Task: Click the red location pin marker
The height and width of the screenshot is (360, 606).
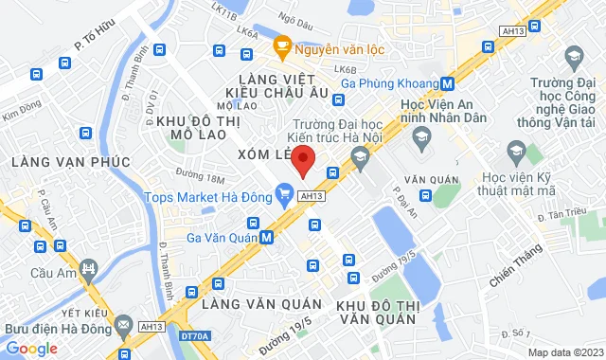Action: [302, 161]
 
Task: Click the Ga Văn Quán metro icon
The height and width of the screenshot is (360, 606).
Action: [268, 238]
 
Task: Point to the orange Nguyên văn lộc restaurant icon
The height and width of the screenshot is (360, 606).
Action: [281, 45]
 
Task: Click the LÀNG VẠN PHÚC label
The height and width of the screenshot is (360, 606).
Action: [71, 162]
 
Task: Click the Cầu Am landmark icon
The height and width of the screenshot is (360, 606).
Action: [88, 271]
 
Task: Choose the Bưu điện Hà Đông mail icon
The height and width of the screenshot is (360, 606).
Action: [123, 328]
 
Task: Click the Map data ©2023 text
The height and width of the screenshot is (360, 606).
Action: [564, 352]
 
